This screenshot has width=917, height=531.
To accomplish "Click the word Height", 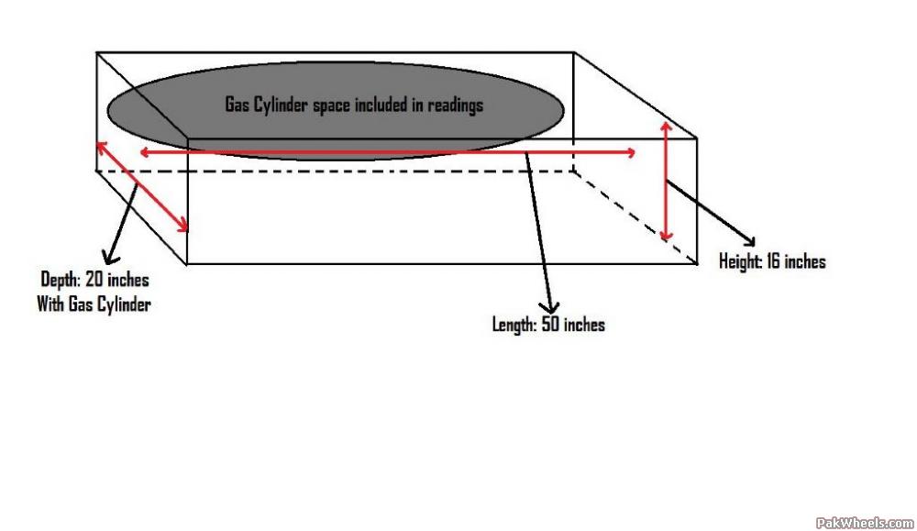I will point(740,262).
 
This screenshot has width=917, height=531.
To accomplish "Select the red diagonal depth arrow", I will point(142,186).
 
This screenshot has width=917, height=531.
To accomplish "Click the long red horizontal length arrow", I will point(385,152).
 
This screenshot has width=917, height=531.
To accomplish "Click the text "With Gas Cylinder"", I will point(93,304).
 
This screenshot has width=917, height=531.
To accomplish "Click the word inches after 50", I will point(584,325).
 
